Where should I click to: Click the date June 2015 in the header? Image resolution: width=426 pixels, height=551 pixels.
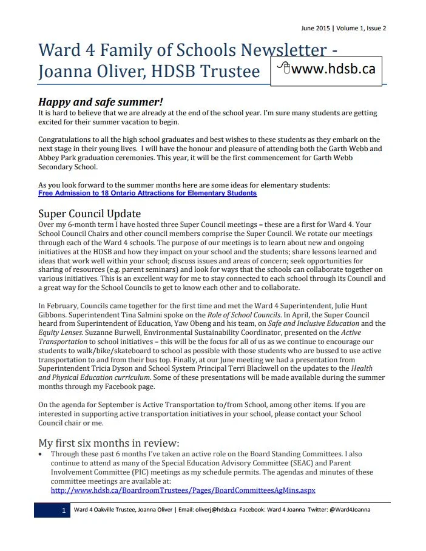[316, 28]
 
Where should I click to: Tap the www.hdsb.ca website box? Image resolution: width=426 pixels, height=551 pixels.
[327, 69]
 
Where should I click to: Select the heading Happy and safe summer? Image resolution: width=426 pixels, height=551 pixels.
[101, 102]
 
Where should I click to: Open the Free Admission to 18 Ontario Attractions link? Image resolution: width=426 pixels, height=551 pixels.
[147, 194]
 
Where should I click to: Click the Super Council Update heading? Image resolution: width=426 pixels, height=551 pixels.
[89, 214]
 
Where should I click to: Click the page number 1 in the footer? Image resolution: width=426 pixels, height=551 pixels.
[64, 510]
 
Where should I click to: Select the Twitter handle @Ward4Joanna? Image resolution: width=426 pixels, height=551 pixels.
[350, 510]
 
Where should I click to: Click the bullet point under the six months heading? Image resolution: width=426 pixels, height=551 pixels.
[41, 454]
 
